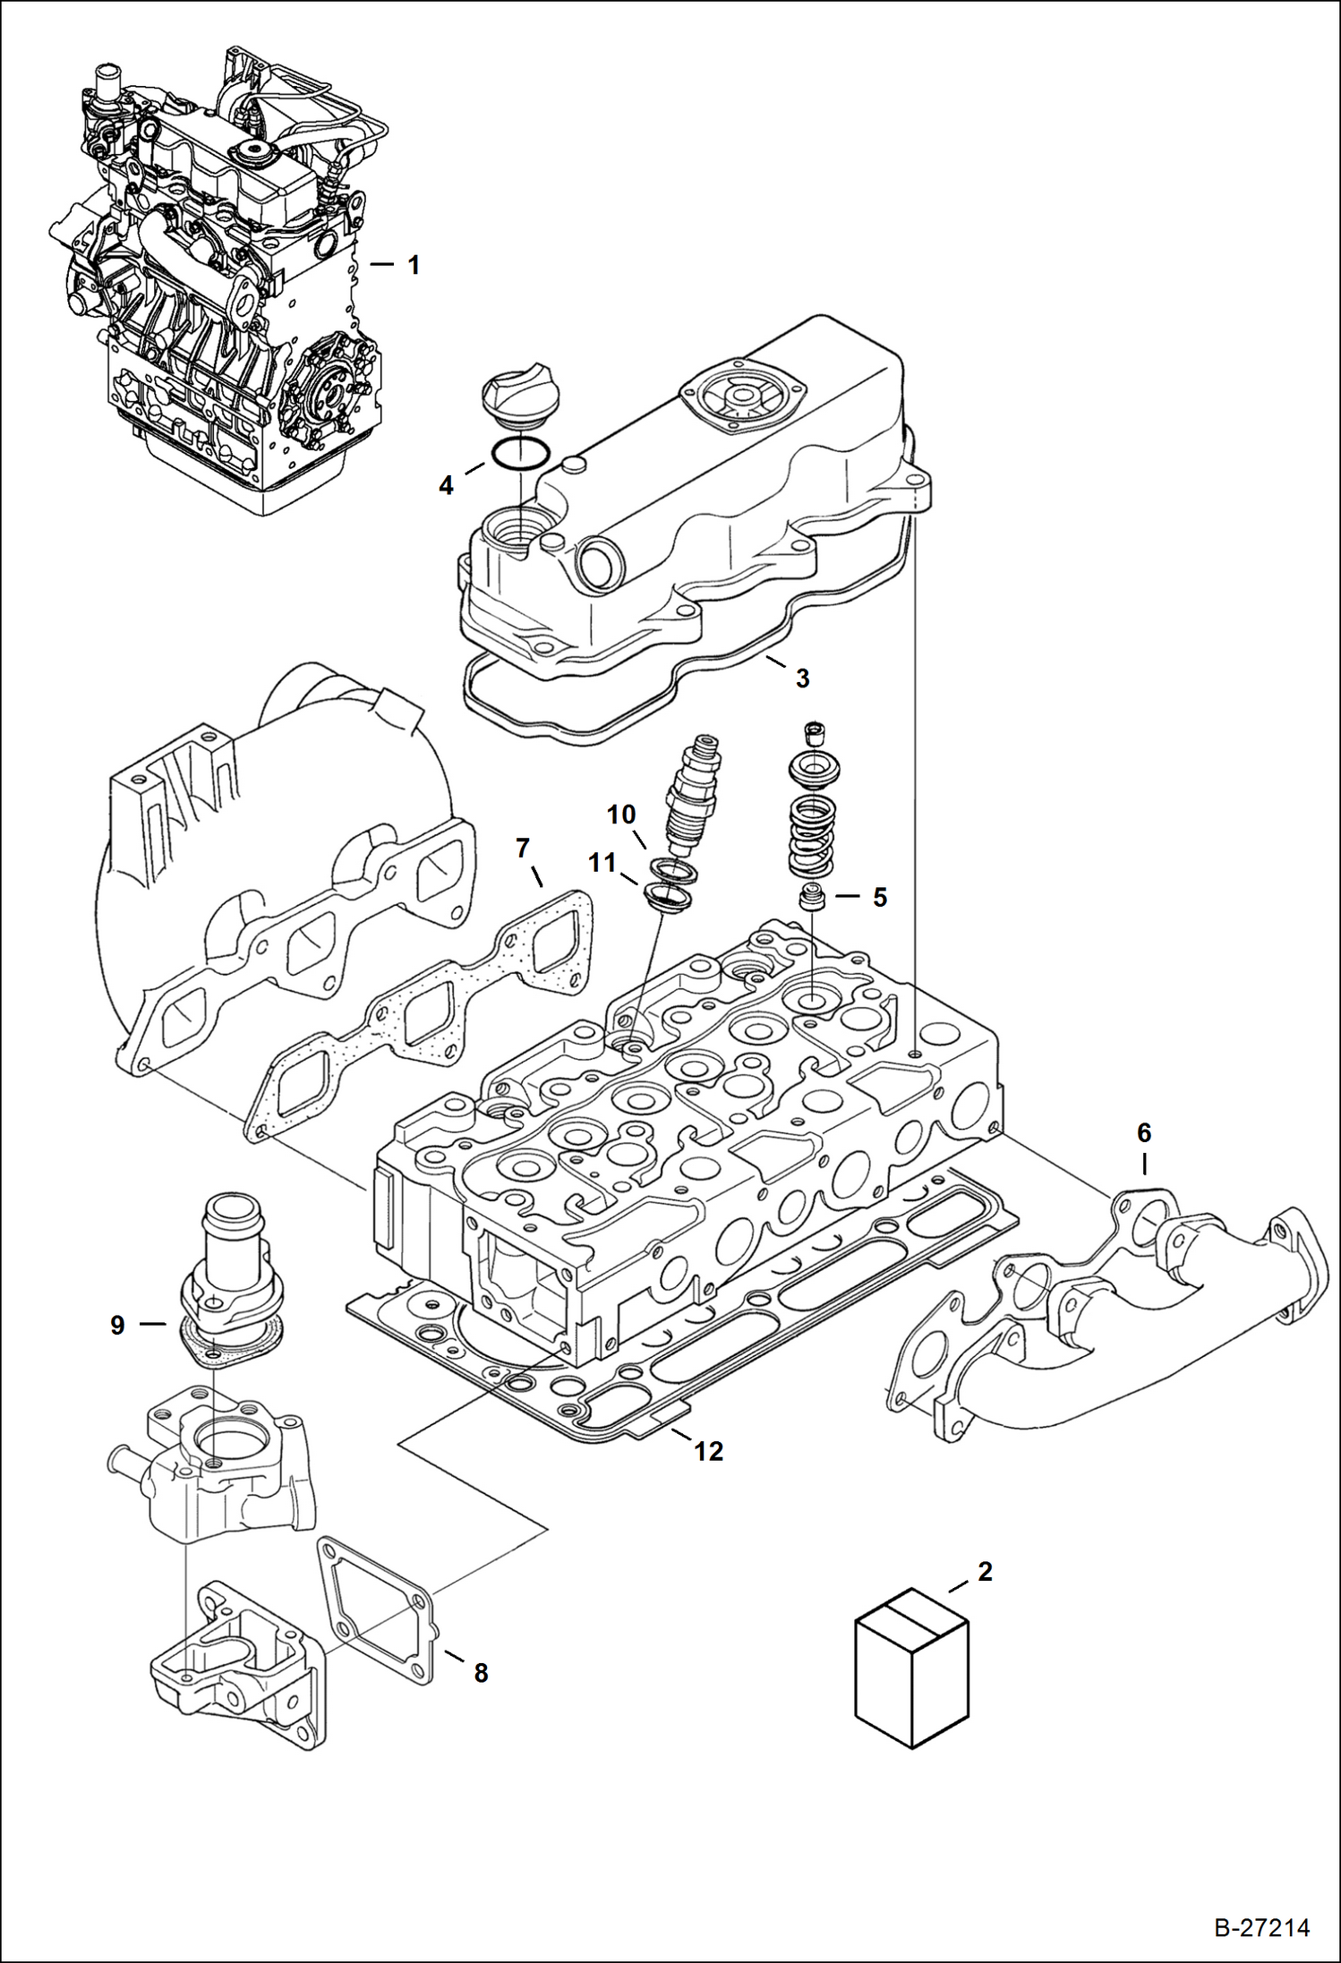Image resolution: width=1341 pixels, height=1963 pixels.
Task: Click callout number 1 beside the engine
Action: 413,265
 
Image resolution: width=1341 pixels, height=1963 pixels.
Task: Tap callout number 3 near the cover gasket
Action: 802,678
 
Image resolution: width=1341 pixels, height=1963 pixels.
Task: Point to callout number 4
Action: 446,485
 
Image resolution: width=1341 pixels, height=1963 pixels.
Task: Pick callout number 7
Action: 523,847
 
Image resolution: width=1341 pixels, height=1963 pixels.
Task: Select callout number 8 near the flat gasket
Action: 481,1672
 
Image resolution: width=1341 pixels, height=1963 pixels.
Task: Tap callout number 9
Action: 117,1324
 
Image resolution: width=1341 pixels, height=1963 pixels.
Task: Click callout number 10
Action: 621,814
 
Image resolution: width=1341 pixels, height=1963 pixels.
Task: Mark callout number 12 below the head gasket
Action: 708,1451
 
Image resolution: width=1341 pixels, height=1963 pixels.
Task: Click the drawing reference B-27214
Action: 1261,1926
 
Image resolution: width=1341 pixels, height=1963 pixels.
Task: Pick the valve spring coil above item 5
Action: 811,837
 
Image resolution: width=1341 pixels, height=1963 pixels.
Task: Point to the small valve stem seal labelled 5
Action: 811,897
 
